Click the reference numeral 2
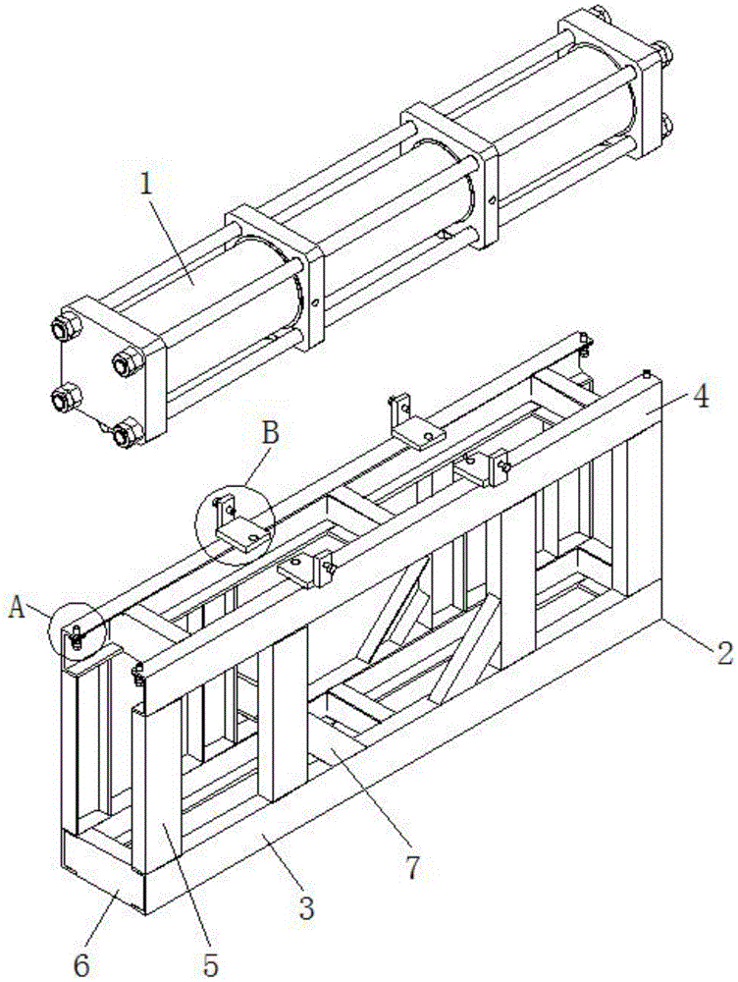tap(722, 652)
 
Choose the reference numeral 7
tap(413, 867)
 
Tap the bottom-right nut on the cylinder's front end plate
tap(124, 429)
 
